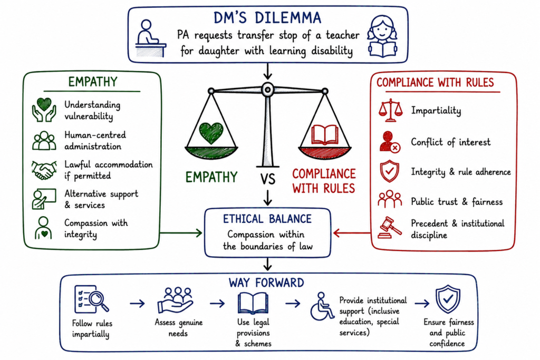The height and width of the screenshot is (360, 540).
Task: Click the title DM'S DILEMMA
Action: (x=267, y=17)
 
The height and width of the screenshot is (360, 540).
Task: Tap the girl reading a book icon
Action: (x=382, y=36)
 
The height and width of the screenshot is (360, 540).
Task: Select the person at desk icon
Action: (x=151, y=38)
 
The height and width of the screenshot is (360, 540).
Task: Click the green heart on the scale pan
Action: (x=211, y=133)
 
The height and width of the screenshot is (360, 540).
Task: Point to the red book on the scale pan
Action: (x=325, y=134)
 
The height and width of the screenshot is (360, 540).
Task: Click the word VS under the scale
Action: (x=267, y=179)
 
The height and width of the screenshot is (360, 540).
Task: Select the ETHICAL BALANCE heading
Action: (x=267, y=219)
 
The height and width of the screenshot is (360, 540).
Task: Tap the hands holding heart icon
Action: (x=44, y=110)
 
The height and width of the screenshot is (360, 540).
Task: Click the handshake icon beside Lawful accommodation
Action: (x=44, y=170)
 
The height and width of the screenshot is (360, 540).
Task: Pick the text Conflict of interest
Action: (x=450, y=142)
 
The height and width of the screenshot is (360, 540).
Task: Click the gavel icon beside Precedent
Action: (x=390, y=228)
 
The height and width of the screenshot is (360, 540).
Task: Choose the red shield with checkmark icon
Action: (x=390, y=171)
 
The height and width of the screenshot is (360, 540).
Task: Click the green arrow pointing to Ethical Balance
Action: (x=181, y=233)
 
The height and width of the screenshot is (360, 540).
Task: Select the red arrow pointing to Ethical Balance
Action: (x=352, y=233)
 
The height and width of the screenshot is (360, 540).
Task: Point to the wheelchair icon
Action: (x=322, y=307)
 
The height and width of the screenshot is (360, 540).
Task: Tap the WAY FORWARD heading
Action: (x=266, y=283)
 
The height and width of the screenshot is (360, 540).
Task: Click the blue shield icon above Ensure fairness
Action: (x=448, y=299)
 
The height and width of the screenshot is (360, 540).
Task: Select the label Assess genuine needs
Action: (x=178, y=328)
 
